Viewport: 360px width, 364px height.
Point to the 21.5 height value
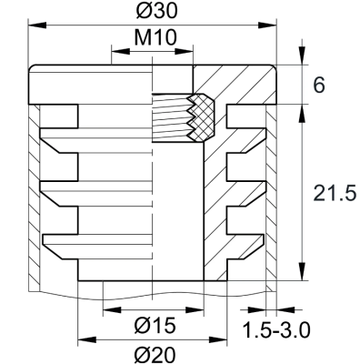click(x=332, y=193)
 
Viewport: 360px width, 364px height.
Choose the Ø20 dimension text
click(x=153, y=354)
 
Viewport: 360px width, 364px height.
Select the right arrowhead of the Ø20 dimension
click(x=219, y=340)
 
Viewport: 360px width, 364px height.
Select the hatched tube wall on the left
click(x=35, y=200)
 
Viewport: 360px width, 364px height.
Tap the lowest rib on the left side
click(x=60, y=241)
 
